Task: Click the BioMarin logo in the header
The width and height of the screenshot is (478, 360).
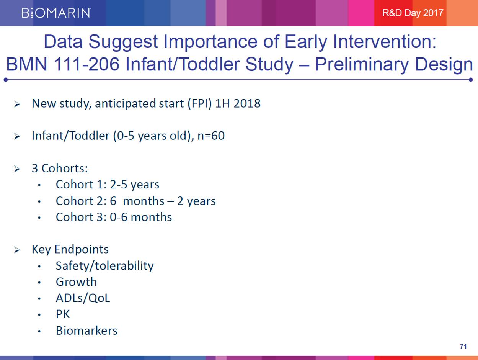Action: pyautogui.click(x=56, y=13)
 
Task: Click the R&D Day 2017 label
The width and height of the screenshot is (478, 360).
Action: pyautogui.click(x=413, y=13)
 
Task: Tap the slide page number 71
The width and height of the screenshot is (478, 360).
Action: pyautogui.click(x=463, y=347)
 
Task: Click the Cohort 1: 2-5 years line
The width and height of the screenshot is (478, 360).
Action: pyautogui.click(x=108, y=185)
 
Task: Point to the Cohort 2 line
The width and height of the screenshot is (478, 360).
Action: pyautogui.click(x=135, y=201)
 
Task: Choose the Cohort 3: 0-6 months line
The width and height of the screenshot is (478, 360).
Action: pyautogui.click(x=114, y=217)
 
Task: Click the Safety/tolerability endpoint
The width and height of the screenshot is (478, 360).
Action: pyautogui.click(x=104, y=266)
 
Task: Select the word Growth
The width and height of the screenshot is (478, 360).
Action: pyautogui.click(x=76, y=282)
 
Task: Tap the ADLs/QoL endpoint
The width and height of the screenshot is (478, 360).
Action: pyautogui.click(x=83, y=298)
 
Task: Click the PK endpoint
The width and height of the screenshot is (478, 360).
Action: pyautogui.click(x=63, y=314)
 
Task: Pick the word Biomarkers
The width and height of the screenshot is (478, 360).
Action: pyautogui.click(x=86, y=331)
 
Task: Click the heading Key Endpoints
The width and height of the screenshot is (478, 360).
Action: pyautogui.click(x=70, y=249)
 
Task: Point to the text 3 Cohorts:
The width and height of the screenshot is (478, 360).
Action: pyautogui.click(x=60, y=169)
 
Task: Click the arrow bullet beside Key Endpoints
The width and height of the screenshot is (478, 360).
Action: pyautogui.click(x=17, y=250)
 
